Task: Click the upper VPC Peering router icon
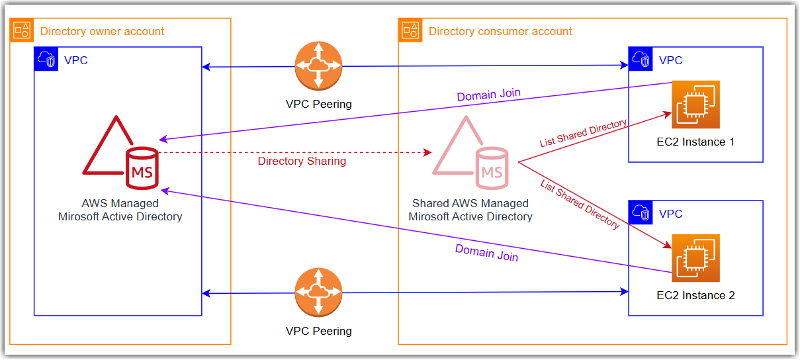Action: (318, 66)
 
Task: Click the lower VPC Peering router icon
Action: (318, 292)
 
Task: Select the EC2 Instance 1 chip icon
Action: (695, 105)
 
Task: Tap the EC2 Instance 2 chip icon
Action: (695, 258)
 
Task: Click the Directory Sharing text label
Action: (302, 161)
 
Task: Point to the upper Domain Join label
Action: (488, 95)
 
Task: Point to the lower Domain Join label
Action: (486, 253)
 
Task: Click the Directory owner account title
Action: (102, 31)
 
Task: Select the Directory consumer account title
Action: (500, 31)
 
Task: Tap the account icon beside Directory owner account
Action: (22, 30)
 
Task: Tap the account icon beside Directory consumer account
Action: (410, 30)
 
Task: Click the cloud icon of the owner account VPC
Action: (46, 59)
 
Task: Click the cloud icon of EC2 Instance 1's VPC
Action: (641, 59)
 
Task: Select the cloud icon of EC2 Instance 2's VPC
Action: (641, 212)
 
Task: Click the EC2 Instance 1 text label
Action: (695, 142)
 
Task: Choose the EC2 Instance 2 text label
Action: (695, 295)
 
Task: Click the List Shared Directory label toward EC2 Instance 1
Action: (583, 133)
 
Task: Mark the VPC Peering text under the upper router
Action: (318, 104)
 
